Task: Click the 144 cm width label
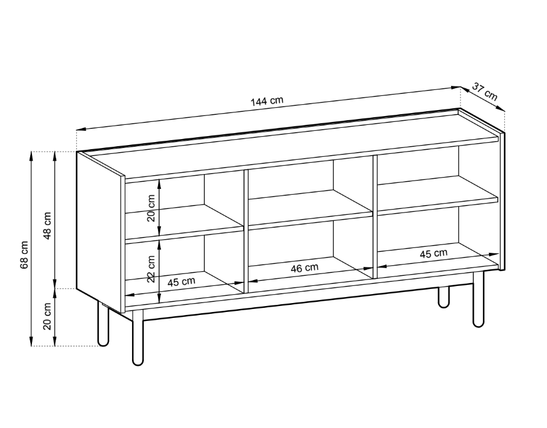pos(267,101)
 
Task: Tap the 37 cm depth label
pos(485,91)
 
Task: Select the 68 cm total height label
pos(24,255)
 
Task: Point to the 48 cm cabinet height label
pos(47,226)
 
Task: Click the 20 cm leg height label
pos(47,316)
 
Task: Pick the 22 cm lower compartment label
pos(151,269)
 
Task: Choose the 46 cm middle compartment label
pos(304,268)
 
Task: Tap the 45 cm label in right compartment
pos(433,253)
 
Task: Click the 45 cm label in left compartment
pos(181,282)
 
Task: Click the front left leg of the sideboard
pos(138,337)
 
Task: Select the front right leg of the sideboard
pos(478,299)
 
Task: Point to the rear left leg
pos(103,324)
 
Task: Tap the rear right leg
pos(443,297)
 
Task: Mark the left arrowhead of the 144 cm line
pos(81,130)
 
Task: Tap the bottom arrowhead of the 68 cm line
pos(31,342)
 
